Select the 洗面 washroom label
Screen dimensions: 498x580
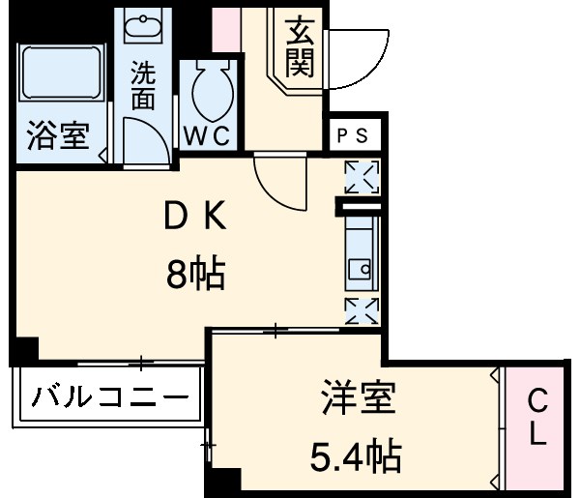(144, 84)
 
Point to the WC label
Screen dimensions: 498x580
(208, 136)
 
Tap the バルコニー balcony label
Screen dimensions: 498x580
(107, 397)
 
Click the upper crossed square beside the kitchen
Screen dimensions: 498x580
(362, 177)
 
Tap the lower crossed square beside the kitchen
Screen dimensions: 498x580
(362, 309)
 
